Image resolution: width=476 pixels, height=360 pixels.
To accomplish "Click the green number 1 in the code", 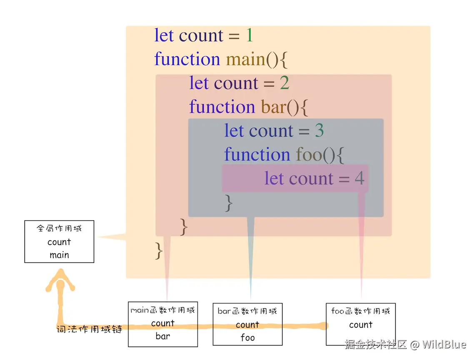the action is point(249,36).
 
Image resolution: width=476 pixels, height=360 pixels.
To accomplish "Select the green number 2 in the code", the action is point(284,83).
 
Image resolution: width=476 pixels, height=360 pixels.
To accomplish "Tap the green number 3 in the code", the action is point(319,131).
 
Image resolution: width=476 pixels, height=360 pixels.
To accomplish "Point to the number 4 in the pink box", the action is point(359,179).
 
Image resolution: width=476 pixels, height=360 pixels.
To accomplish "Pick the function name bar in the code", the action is point(273,107).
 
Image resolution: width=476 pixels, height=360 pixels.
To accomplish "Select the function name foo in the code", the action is point(309,155).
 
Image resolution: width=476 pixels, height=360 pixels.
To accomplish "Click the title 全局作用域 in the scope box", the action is point(59,229).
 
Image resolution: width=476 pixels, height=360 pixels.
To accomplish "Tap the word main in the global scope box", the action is point(59,255).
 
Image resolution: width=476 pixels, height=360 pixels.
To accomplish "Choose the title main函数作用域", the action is point(163,310).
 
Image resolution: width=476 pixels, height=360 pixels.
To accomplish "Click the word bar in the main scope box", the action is point(163,336).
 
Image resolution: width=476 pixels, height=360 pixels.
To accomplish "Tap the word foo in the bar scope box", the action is point(248,337).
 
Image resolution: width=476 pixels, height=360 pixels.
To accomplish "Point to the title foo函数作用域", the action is point(361,311).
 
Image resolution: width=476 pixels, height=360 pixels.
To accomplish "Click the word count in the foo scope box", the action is point(361,325).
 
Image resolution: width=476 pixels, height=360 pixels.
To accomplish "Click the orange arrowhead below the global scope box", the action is point(61,278).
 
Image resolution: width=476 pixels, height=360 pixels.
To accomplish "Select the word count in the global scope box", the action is point(59,242).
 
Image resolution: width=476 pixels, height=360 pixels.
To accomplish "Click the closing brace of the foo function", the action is point(228,203).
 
